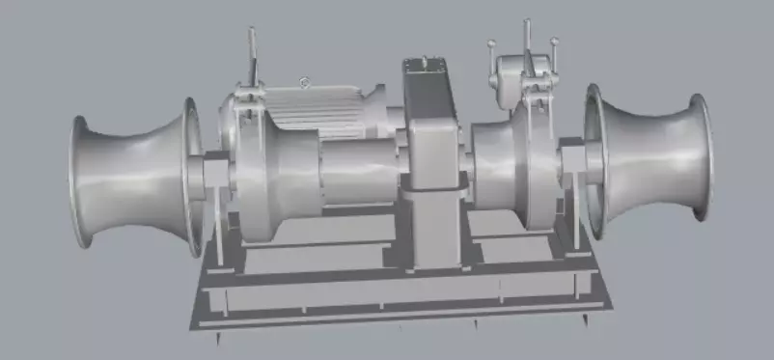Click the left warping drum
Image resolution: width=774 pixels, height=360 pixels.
(135, 179)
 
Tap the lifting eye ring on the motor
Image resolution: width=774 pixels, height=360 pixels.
(305, 83)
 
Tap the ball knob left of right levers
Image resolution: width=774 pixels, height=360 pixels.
(492, 43)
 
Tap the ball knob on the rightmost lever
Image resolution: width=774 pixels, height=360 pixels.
(555, 42)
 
